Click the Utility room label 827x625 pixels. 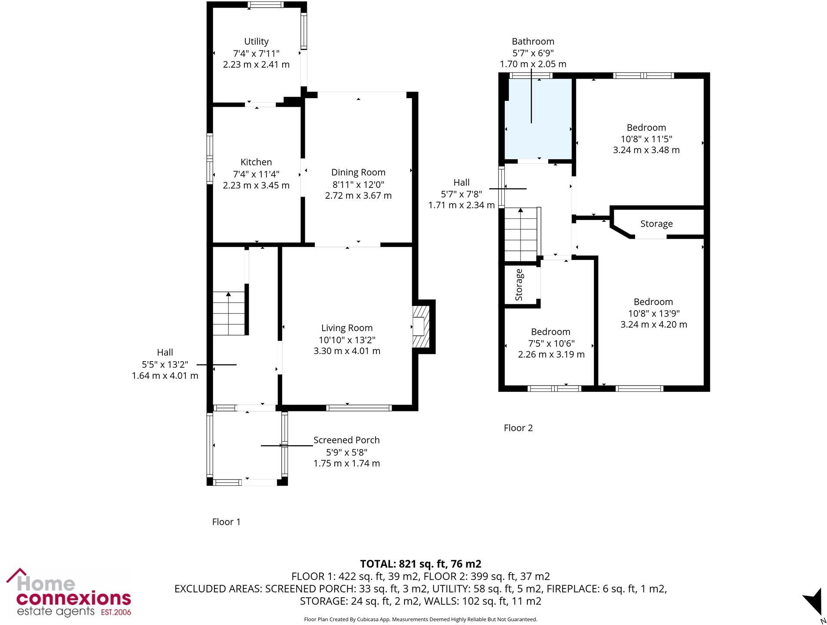click(256, 42)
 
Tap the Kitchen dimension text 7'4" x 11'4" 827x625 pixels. click(256, 174)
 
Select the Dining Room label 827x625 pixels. click(358, 173)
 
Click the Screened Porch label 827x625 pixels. click(346, 440)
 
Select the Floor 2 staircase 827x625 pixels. click(521, 234)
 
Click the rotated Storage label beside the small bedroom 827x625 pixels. click(519, 285)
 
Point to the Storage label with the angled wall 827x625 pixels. click(656, 224)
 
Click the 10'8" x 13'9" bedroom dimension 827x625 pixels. click(653, 313)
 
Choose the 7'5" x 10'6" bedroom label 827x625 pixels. click(550, 332)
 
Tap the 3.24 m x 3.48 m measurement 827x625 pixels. click(646, 150)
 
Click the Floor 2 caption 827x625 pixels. click(518, 428)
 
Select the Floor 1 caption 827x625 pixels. click(226, 522)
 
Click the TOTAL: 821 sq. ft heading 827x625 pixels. click(420, 564)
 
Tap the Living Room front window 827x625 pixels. click(359, 408)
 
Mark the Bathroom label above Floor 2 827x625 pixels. click(533, 42)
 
